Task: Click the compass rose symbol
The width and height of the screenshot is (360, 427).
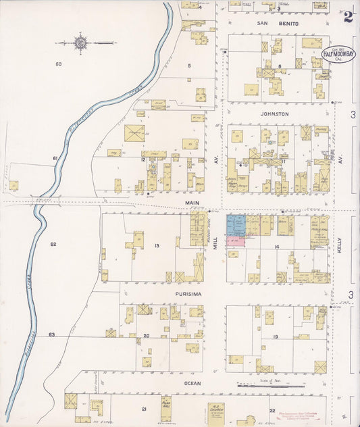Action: (x=80, y=43)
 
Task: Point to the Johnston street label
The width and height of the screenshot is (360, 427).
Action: (x=275, y=114)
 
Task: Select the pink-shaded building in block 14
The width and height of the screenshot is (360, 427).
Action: (x=236, y=242)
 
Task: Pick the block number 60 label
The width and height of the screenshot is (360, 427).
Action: (x=59, y=64)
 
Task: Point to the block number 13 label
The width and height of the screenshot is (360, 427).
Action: (x=156, y=245)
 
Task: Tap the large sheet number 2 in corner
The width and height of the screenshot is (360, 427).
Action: (x=348, y=16)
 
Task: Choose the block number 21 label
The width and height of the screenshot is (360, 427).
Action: (x=144, y=409)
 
